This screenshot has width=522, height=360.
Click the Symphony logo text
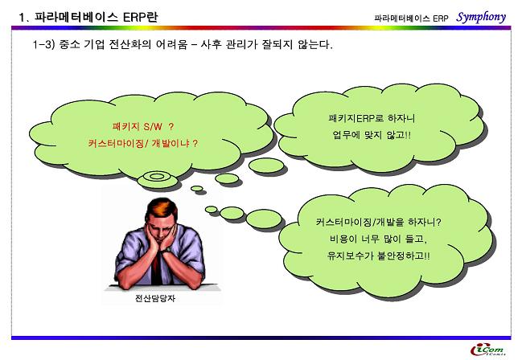(x=481, y=17)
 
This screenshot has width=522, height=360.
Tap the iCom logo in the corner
(x=487, y=350)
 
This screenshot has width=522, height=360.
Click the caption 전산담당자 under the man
(x=155, y=298)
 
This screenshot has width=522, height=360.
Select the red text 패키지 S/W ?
(x=143, y=126)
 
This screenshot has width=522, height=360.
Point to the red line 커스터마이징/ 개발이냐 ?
(x=143, y=143)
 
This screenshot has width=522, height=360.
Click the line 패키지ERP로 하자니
(x=372, y=118)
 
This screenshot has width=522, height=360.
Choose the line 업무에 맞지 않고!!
(x=372, y=135)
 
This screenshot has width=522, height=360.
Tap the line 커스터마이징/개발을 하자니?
(x=378, y=222)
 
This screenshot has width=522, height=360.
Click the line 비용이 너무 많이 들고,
(x=378, y=239)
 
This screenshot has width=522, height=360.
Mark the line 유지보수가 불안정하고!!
(x=378, y=256)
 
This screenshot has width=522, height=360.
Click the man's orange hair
(x=162, y=209)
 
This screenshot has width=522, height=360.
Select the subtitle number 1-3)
(x=43, y=44)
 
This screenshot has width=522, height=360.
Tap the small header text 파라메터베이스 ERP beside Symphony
(x=412, y=18)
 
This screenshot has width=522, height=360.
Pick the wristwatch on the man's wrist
(x=166, y=250)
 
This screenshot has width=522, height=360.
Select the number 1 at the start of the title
(x=22, y=18)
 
